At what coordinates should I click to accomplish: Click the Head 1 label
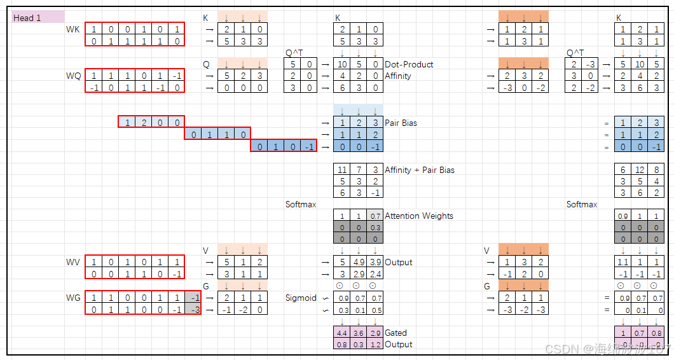pyautogui.click(x=27, y=18)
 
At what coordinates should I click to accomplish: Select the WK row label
pyautogui.click(x=73, y=30)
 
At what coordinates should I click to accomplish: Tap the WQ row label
pyautogui.click(x=74, y=76)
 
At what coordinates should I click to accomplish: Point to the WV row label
pyautogui.click(x=73, y=262)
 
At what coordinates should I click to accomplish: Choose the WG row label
pyautogui.click(x=74, y=298)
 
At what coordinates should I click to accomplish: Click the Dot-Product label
pyautogui.click(x=409, y=64)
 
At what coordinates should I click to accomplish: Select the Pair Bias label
pyautogui.click(x=401, y=123)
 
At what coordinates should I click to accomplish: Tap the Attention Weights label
pyautogui.click(x=418, y=216)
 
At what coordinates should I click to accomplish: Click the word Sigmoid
pyautogui.click(x=301, y=298)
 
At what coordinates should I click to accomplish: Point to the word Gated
pyautogui.click(x=395, y=333)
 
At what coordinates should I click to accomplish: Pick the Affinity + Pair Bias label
pyautogui.click(x=419, y=170)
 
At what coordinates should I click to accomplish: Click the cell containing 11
pyautogui.click(x=342, y=170)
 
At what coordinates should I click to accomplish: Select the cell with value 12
pyautogui.click(x=640, y=170)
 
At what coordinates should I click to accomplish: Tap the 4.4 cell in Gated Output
pyautogui.click(x=342, y=333)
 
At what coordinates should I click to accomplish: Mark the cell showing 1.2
pyautogui.click(x=375, y=345)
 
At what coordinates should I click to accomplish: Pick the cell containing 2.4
pyautogui.click(x=375, y=274)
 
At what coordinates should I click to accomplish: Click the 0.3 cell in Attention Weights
pyautogui.click(x=375, y=228)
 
